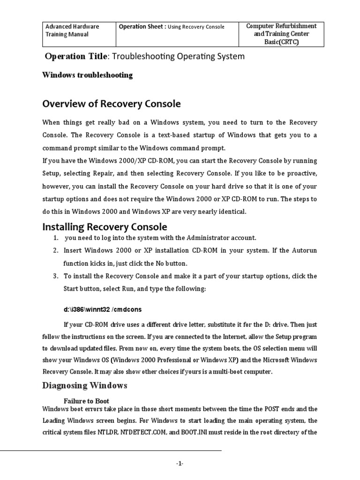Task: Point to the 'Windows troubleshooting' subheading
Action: pos(87,75)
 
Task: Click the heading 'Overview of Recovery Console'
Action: pos(112,104)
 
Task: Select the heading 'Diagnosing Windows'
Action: pos(84,386)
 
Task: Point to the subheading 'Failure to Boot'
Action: pos(86,401)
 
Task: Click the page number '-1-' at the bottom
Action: pos(180,464)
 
